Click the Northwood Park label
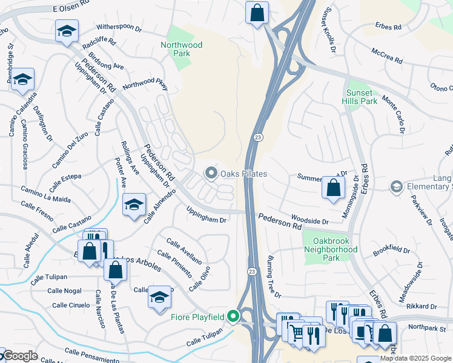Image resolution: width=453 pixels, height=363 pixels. coord(181,49)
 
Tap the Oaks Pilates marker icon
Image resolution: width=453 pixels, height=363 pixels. coord(211,174)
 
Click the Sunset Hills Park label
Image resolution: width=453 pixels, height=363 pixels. coord(362,97)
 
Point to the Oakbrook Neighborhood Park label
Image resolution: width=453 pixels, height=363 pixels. coord(331,249)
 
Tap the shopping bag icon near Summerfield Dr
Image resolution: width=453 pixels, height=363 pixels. coord(333,188)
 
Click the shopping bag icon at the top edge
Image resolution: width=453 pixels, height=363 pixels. coord(257,13)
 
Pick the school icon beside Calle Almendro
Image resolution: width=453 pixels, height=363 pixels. coord(134,205)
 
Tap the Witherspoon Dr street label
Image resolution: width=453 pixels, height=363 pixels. coord(120,28)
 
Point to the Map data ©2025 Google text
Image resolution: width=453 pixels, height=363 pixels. coord(416,358)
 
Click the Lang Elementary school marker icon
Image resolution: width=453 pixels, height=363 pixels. coord(397,186)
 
